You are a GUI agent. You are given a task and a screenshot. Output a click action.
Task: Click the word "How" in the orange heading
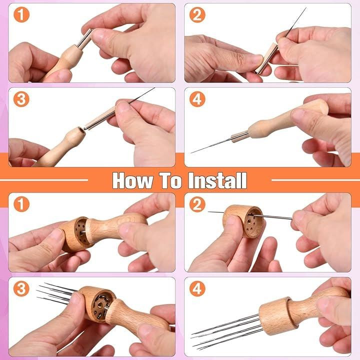pyautogui.click(x=132, y=180)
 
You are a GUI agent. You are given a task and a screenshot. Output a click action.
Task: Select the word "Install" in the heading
pyautogui.click(x=217, y=180)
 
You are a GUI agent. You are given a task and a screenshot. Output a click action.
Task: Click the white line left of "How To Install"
pyautogui.click(x=44, y=180)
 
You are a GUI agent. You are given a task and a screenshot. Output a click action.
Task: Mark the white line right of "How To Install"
pyautogui.click(x=315, y=180)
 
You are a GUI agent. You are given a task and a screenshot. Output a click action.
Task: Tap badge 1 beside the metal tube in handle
pyautogui.click(x=21, y=14)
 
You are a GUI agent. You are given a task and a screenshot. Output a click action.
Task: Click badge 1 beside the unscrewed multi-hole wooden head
pyautogui.click(x=21, y=204)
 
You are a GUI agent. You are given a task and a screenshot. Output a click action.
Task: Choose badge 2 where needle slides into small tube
pyautogui.click(x=197, y=14)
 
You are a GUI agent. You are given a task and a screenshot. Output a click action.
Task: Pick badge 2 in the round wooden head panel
pyautogui.click(x=197, y=204)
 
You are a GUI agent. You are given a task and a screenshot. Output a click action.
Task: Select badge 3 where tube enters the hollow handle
pyautogui.click(x=21, y=99)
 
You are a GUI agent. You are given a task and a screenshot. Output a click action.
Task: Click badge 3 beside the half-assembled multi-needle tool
pyautogui.click(x=21, y=288)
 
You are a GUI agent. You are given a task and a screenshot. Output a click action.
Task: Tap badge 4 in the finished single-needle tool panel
pyautogui.click(x=197, y=99)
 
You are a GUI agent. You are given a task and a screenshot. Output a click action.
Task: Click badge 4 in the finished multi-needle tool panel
pyautogui.click(x=197, y=288)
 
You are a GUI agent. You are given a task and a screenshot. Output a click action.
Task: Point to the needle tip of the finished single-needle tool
pyautogui.click(x=191, y=152)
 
